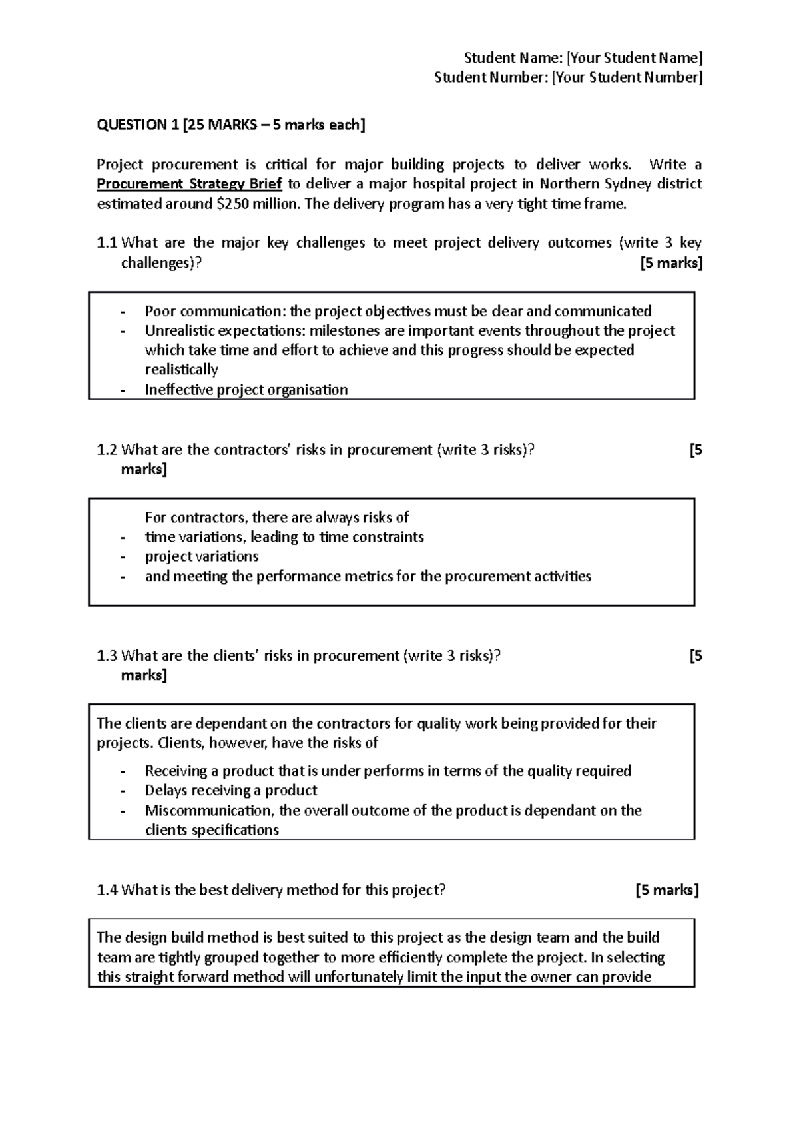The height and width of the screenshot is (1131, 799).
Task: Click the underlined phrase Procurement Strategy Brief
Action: (189, 184)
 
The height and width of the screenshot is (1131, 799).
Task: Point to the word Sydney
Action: (617, 184)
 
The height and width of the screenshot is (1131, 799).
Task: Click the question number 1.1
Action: (107, 243)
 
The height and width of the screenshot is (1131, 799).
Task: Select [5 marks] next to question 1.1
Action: (670, 263)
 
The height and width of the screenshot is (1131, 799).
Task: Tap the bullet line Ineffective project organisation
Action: (246, 390)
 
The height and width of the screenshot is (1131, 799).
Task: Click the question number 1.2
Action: (107, 450)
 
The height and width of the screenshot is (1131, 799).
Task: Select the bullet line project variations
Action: (202, 556)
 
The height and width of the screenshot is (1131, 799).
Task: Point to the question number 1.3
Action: (107, 656)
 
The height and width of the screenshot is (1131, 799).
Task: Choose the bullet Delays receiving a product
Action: (231, 791)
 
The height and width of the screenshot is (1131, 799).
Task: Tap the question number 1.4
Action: (107, 890)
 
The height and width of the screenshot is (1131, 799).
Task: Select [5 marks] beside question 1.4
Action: (667, 890)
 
